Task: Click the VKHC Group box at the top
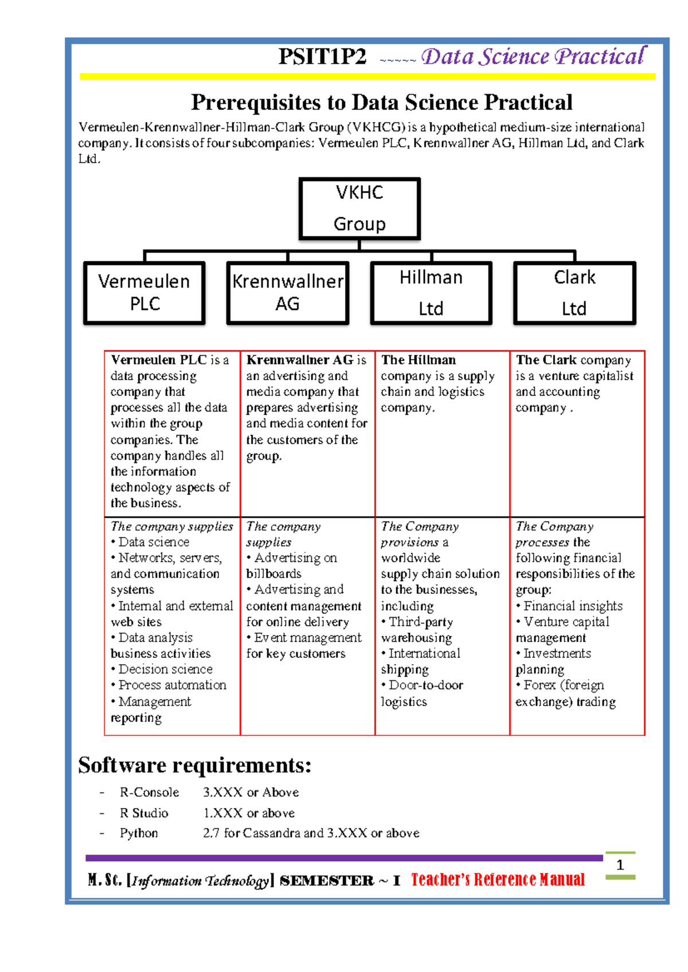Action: coord(359,208)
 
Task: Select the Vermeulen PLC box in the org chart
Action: coord(144,293)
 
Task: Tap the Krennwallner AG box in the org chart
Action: coord(287,293)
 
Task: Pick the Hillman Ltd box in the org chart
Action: coord(431,293)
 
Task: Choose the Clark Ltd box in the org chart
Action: coord(574,293)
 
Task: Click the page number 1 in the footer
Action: coord(620,865)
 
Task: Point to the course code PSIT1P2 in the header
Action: coord(322,57)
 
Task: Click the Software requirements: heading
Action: coord(195,765)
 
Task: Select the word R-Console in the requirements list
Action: coord(149,792)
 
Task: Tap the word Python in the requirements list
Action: coord(139,833)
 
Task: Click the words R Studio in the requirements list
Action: coord(144,813)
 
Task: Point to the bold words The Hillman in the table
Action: coord(419,360)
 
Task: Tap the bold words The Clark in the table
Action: coord(546,360)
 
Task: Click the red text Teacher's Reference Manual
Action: coord(498,880)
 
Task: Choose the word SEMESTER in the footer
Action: coord(327,881)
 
